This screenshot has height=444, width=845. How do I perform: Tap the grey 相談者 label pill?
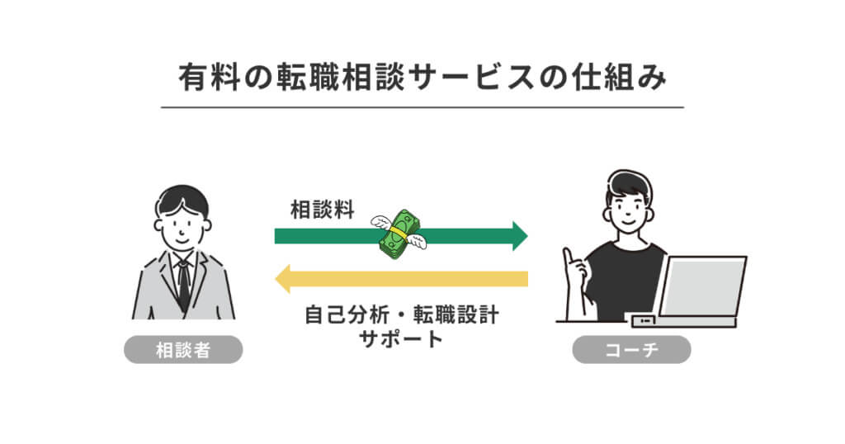coord(183,350)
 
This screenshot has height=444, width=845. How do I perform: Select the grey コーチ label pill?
coord(631,350)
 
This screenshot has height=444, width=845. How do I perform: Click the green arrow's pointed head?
coord(519,236)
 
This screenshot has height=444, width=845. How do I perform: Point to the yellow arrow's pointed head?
coord(283,278)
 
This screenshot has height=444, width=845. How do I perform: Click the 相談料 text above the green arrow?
coord(323,210)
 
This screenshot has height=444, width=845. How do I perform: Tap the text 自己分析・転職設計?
coord(401,315)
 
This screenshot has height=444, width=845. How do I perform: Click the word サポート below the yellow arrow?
coord(401,338)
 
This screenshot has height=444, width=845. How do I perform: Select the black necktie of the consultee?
coord(183,285)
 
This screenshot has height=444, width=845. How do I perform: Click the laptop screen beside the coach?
coord(702,285)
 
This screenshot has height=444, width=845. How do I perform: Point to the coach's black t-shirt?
coord(627,281)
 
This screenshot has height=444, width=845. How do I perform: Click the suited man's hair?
coord(182,197)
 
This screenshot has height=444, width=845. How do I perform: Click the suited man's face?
coord(182,226)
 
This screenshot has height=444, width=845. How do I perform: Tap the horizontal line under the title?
coord(422,107)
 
